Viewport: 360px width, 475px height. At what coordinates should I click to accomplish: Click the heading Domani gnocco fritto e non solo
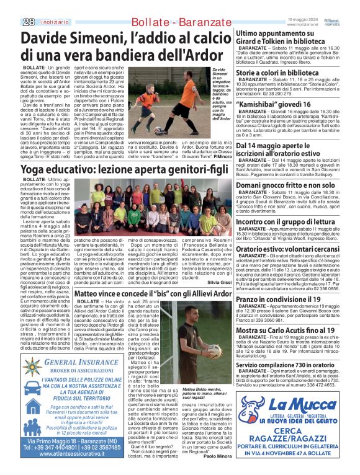pyautogui.click(x=286, y=185)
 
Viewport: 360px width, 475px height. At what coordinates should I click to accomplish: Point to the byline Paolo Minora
pyautogui.click(x=217, y=473)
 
